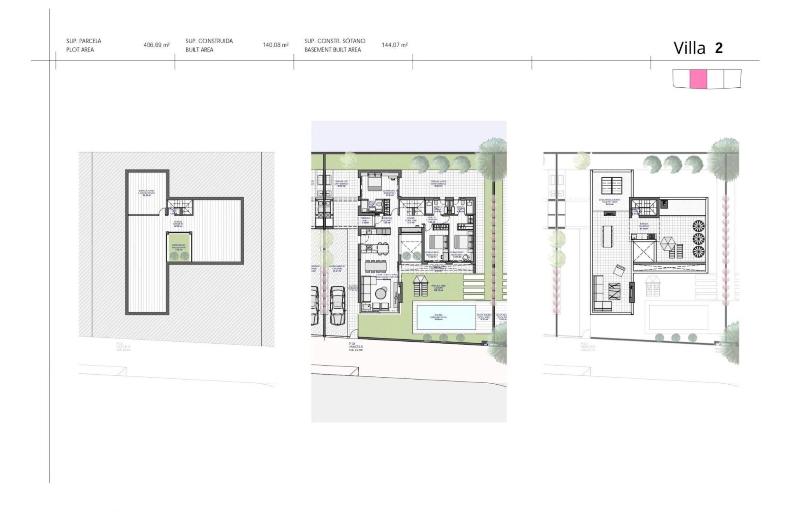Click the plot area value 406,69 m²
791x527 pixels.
coord(157,45)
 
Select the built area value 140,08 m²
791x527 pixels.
coord(276,45)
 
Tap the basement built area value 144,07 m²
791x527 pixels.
coord(395,45)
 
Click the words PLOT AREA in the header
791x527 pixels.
coord(80,50)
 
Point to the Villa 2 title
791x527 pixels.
coord(698,48)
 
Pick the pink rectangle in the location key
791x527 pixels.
coord(698,79)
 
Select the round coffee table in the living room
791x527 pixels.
coord(381,293)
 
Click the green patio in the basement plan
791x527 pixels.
coord(179,247)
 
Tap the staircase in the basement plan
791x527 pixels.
coord(180,206)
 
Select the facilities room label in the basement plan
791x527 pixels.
coord(146,193)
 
